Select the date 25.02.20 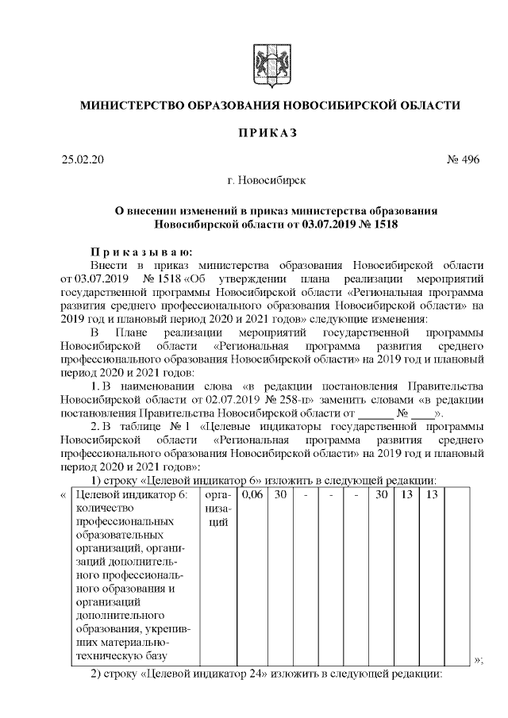pyautogui.click(x=83, y=160)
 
